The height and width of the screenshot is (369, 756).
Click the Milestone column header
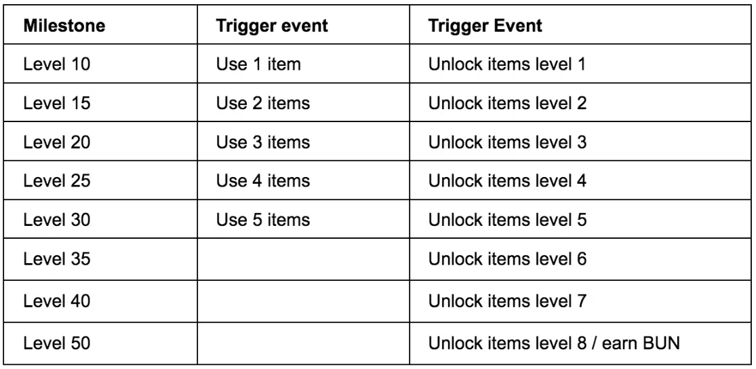coord(64,26)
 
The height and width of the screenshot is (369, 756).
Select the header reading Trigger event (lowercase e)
coord(272,26)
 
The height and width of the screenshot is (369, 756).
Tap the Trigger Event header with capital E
coord(485,26)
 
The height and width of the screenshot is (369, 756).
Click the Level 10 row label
coord(57,64)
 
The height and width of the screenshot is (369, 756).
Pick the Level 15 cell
coord(57,102)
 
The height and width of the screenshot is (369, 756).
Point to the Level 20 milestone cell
coord(57,142)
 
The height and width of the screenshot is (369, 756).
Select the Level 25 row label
coord(57,181)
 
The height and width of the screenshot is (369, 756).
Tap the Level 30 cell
coord(57,220)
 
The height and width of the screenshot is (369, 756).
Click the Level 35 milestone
coord(57,259)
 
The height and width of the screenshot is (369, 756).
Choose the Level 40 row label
coord(57,301)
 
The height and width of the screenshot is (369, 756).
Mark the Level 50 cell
coord(57,343)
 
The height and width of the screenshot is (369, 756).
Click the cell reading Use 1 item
coord(258,64)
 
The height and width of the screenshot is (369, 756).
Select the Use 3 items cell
coord(263,142)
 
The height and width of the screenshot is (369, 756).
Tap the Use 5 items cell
coord(263,220)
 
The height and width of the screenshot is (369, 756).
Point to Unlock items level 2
coord(507,102)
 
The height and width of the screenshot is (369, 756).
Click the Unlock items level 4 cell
coord(507,181)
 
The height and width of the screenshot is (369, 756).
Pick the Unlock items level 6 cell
coord(507,259)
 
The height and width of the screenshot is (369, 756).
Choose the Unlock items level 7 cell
coord(507,301)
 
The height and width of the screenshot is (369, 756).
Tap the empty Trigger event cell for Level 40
coord(303,301)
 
